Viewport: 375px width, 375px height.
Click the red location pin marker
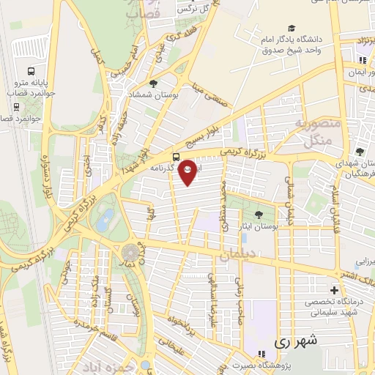pos(188,170)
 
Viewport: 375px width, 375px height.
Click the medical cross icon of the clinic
pos(335,291)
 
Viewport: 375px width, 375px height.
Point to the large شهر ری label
pos(297,341)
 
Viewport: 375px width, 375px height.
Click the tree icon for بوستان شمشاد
pos(153,84)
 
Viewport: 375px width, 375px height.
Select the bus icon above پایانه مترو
pos(31,72)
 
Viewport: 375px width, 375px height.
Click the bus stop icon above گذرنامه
pos(175,157)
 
